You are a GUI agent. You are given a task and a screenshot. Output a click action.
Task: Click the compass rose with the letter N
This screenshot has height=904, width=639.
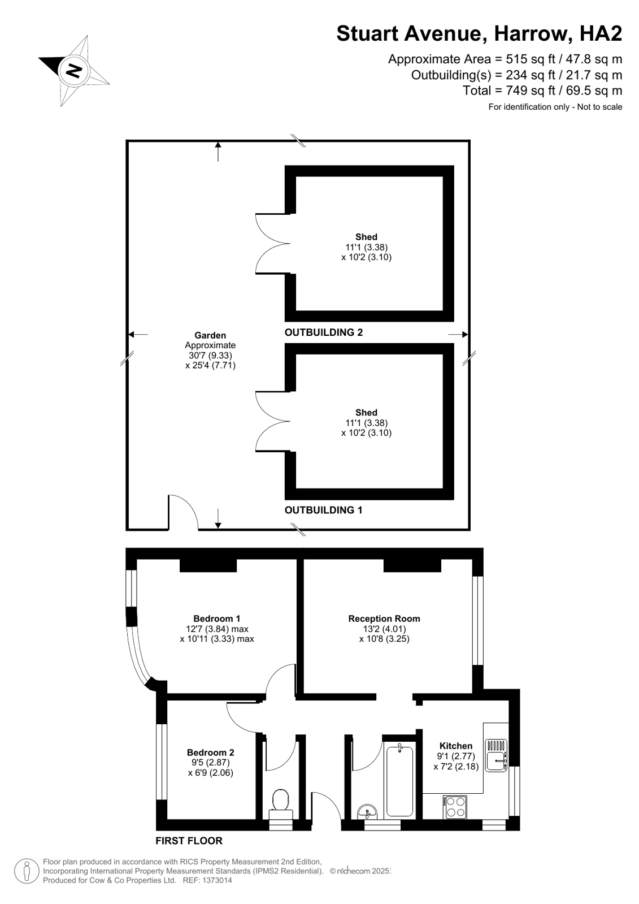[x=74, y=70]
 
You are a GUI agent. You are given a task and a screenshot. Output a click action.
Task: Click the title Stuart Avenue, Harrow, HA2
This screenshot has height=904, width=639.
[x=479, y=33]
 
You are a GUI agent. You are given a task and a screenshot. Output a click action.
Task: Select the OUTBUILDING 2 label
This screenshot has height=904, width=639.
[x=323, y=332]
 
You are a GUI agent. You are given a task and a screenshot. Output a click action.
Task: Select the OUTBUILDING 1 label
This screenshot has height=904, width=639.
[x=323, y=510]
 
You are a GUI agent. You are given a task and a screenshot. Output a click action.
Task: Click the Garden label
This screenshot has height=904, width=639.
[x=210, y=335]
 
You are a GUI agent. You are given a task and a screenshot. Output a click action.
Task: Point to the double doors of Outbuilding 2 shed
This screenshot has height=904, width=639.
[x=273, y=244]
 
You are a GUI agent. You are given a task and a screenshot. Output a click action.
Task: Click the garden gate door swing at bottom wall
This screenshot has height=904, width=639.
[x=183, y=512]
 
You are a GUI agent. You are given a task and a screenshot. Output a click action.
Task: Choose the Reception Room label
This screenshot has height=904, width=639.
[x=384, y=618]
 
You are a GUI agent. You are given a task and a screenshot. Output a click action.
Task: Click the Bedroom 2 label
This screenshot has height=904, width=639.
[x=210, y=752]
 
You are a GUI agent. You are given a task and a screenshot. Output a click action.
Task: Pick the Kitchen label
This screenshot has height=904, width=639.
[x=455, y=746]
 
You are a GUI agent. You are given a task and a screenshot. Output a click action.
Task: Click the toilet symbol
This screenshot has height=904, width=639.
[x=281, y=803]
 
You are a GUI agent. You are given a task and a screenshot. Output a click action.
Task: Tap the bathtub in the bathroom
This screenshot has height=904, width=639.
[x=399, y=780]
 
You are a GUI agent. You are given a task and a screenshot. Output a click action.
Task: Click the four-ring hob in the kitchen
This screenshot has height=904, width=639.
[x=455, y=807]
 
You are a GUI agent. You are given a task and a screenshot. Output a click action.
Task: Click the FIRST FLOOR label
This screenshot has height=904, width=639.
[x=189, y=841]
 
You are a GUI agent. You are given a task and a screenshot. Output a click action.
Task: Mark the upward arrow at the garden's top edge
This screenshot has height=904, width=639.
[x=218, y=152]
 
